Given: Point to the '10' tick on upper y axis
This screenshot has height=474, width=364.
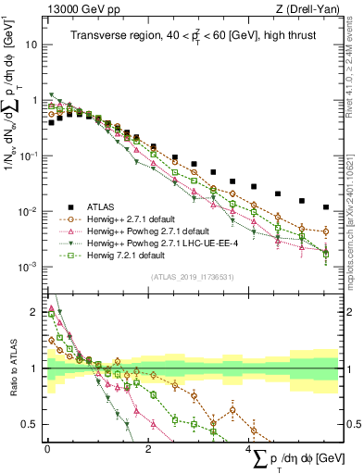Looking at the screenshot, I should pos(31,44).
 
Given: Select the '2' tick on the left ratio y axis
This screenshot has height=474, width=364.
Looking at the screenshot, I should pos(34,311).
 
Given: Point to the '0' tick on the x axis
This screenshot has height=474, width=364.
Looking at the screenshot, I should pos(46,449).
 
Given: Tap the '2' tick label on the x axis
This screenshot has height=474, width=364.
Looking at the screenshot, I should pos(148,449).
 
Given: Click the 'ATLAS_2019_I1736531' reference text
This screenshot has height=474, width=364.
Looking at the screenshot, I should pos(191,276).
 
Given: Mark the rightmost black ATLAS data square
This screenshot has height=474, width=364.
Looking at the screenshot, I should pos(325,207).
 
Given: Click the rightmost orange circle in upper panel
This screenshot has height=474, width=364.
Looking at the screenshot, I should pos(325,231).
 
